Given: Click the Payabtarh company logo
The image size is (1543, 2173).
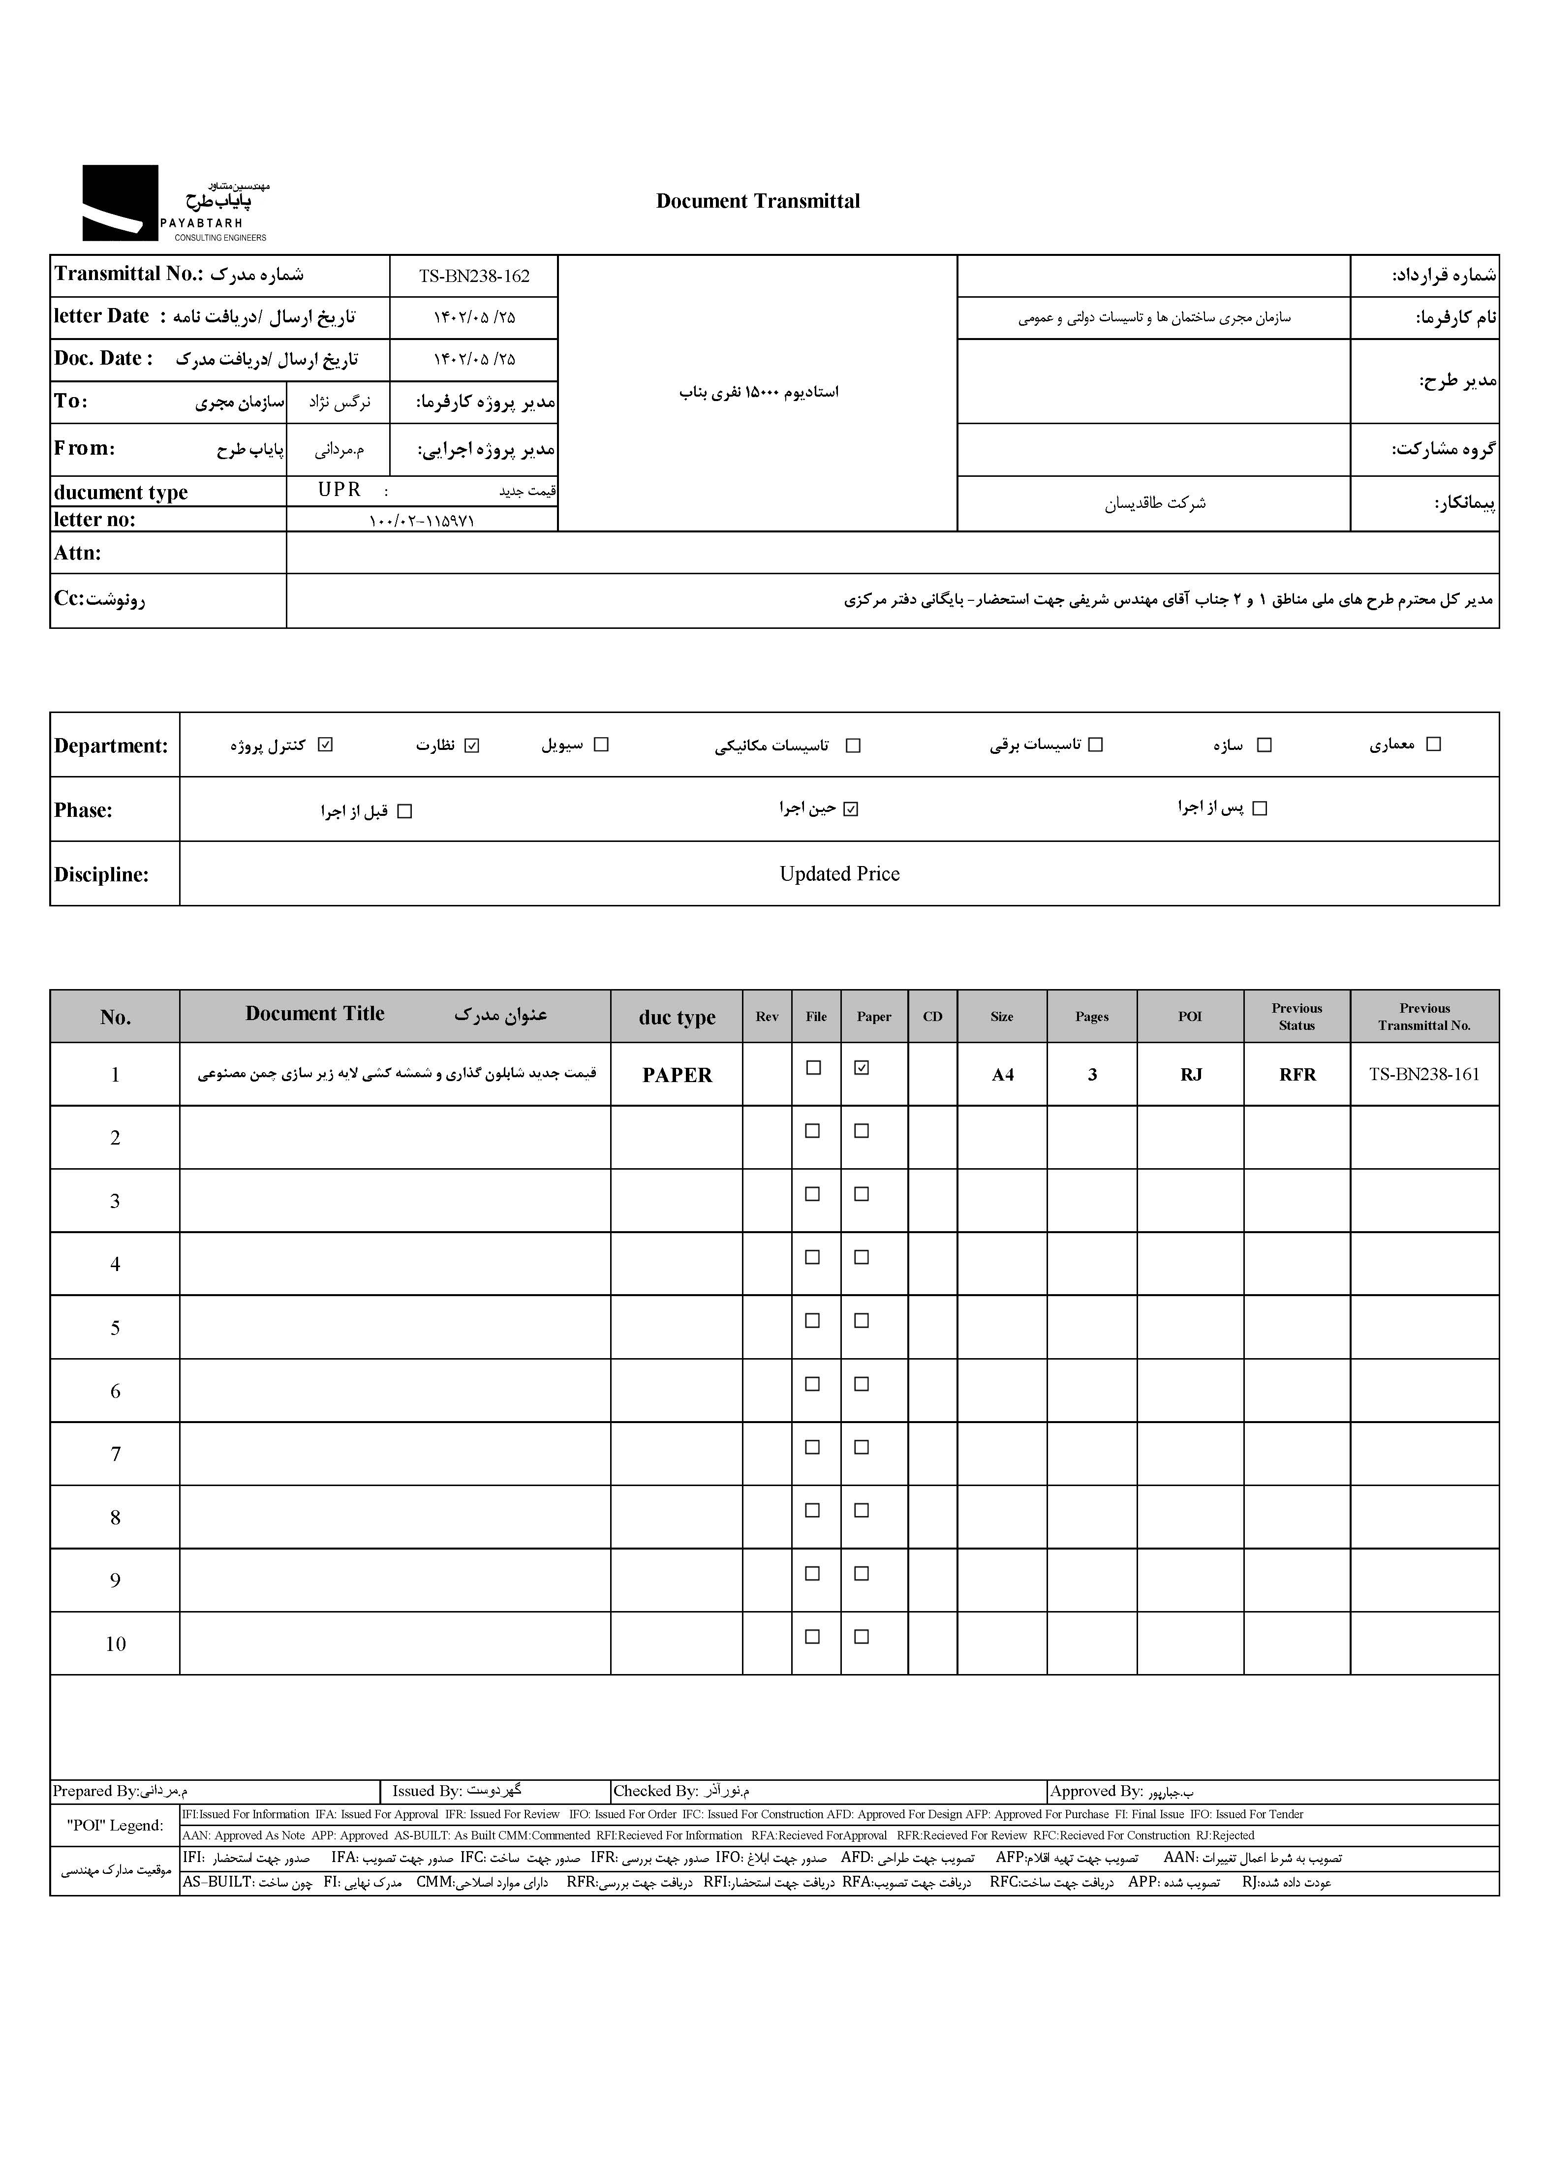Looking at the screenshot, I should [x=174, y=203].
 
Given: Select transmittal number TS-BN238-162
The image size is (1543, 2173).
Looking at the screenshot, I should [x=474, y=277].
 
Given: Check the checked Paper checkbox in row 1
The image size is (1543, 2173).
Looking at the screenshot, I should [x=862, y=1068].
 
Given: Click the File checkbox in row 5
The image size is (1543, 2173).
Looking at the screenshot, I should [x=812, y=1321].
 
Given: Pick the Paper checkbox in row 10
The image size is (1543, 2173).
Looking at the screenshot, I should [x=862, y=1637].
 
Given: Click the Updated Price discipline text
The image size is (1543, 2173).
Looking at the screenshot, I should [x=839, y=874].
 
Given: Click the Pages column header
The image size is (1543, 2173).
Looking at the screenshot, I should [x=1092, y=1017].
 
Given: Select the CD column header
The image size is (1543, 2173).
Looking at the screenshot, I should [x=932, y=1017].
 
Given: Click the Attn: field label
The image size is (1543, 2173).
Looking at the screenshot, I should [x=78, y=553].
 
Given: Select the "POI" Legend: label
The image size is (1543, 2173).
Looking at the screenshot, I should [x=115, y=1825].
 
